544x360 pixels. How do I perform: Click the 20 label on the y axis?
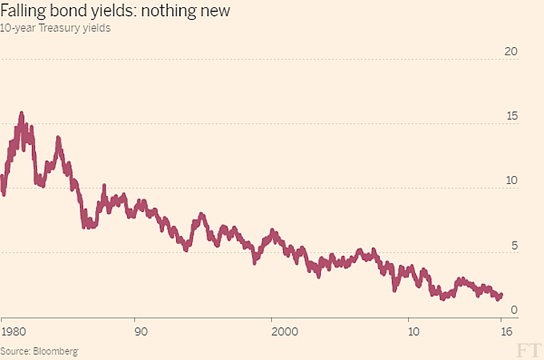tap(511, 52)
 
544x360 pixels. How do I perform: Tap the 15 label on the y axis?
tap(511, 116)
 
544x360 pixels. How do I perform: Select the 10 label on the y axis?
tap(511, 181)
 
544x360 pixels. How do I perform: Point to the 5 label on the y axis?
tap(514, 246)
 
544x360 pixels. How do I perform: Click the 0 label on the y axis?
tap(514, 310)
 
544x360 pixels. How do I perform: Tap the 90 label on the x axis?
tap(140, 330)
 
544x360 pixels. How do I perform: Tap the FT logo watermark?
tap(526, 349)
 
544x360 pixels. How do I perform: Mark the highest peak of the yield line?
tap(22, 114)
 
